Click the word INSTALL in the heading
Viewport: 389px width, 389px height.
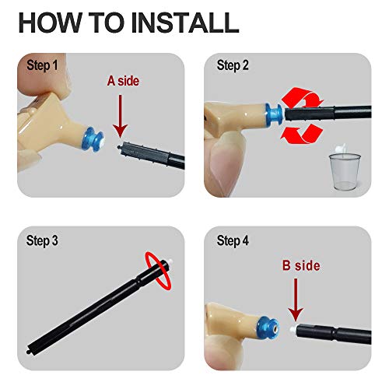[185, 23]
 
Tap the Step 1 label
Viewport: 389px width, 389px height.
[42, 65]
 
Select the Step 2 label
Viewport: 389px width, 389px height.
[233, 65]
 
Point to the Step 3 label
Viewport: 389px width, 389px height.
[42, 241]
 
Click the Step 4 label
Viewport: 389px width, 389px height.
[233, 241]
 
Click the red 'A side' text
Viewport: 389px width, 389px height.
[123, 81]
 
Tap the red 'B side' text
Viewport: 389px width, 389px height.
[301, 265]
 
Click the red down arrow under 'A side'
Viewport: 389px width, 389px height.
[120, 116]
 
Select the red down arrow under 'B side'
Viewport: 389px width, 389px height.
[296, 300]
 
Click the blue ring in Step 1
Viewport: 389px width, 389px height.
[93, 139]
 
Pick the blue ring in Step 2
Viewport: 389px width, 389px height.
[274, 114]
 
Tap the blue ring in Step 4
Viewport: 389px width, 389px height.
[268, 328]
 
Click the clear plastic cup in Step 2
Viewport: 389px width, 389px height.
[345, 171]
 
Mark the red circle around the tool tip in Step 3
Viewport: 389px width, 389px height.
[158, 270]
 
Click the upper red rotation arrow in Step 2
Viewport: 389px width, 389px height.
[303, 97]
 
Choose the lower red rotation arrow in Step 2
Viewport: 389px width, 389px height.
[302, 134]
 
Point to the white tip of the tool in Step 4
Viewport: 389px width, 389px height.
[293, 330]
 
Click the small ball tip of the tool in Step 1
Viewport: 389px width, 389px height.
[119, 147]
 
